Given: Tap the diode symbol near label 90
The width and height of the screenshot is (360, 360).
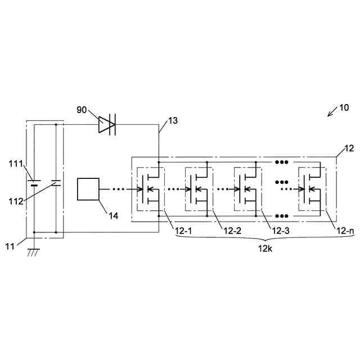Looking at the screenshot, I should click(106, 125).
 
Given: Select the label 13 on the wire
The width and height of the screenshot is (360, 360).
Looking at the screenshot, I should click(173, 120).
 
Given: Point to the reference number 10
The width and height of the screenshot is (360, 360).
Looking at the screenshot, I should click(343, 107).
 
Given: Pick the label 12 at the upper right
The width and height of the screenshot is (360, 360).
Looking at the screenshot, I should click(348, 148).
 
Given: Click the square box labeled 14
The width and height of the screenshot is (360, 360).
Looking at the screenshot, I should click(88, 189).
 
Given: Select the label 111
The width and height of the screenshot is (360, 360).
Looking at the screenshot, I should click(15, 164).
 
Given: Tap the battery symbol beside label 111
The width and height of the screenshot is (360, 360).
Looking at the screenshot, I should click(34, 183).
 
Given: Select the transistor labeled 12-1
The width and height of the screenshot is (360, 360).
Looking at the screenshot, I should click(150, 189).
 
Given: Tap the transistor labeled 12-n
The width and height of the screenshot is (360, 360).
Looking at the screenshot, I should click(310, 189).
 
